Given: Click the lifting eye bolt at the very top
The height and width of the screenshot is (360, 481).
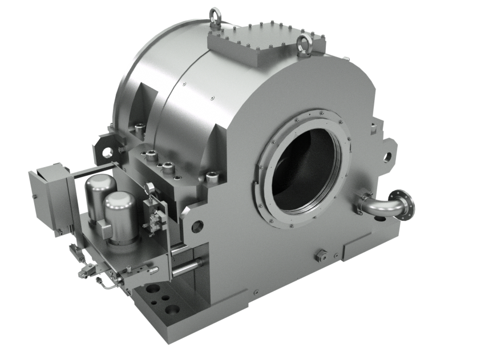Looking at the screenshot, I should point(216,13).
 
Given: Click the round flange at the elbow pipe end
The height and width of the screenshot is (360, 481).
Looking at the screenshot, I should point(408,204).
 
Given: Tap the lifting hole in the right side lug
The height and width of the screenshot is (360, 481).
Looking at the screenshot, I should point(389,155).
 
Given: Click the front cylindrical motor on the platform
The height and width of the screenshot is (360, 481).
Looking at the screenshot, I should point(120,214).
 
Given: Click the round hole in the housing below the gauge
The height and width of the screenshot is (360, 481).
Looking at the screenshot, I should point(197,225).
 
